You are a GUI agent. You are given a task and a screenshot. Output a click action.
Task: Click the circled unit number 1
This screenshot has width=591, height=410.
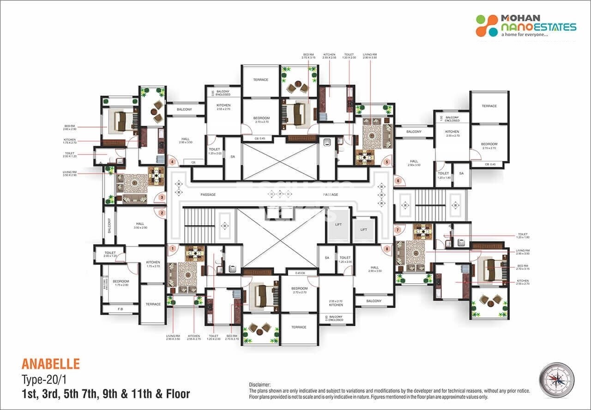click(x=172, y=249)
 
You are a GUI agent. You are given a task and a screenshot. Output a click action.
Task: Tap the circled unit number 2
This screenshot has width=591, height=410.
click(x=162, y=213)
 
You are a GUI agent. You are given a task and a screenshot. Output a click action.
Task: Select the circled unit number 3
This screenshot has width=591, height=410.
click(x=162, y=197)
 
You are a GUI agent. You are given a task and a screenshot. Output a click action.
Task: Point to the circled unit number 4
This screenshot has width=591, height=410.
click(x=172, y=162)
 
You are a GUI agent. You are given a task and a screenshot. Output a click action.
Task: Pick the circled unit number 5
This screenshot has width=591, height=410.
click(x=386, y=162)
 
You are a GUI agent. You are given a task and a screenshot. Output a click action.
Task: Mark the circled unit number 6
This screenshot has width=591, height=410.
click(x=398, y=181)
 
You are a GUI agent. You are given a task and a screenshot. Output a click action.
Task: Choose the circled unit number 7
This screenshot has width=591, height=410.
click(x=397, y=230)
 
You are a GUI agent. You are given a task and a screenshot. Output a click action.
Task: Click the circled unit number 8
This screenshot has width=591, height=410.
click(x=386, y=249)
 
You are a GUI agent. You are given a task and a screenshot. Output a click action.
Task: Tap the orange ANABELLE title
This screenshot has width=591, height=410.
click(x=50, y=364)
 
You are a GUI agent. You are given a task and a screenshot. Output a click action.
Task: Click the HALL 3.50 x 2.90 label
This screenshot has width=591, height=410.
click(x=140, y=226)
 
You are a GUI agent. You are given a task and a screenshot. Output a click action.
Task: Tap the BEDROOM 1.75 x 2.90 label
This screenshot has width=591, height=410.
click(x=121, y=283)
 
